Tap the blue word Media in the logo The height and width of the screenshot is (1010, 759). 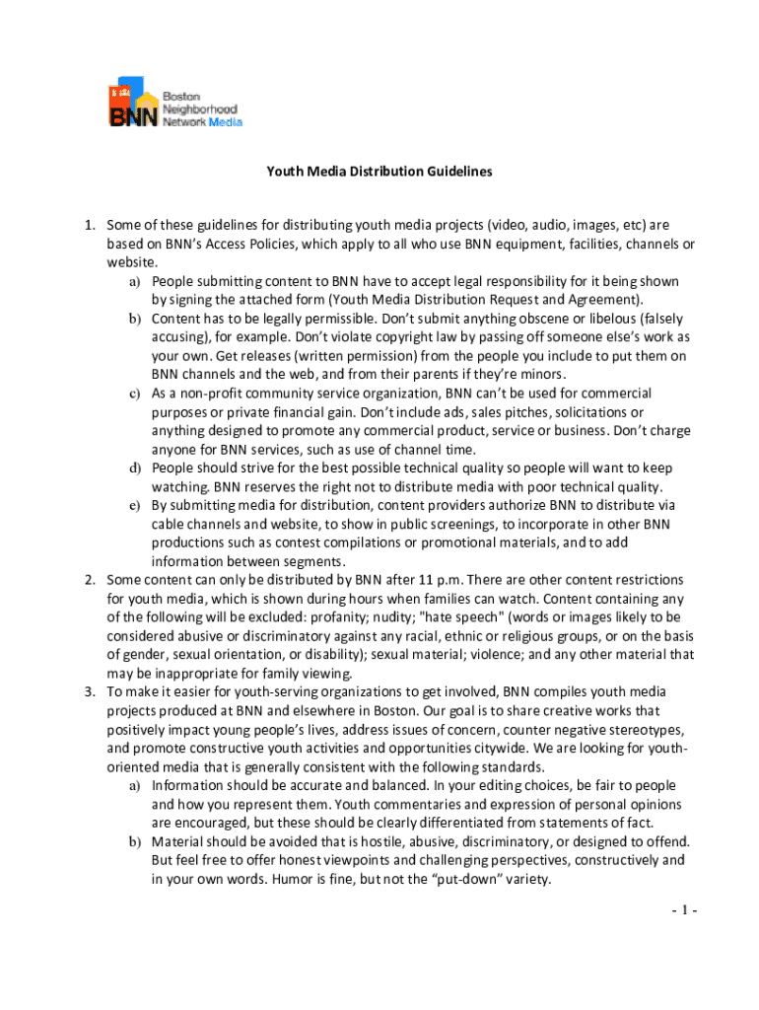(224, 122)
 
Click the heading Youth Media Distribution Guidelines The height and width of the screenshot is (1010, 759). (379, 171)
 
